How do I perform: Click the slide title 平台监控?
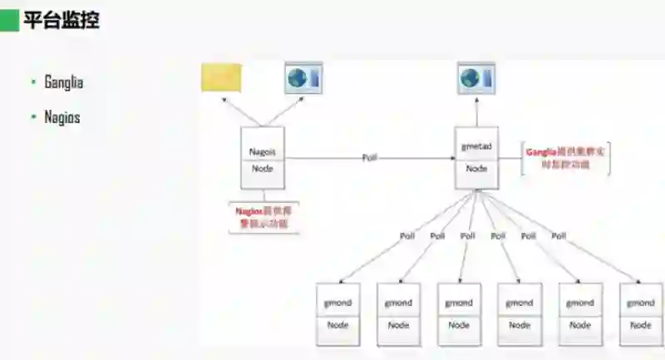tap(62, 20)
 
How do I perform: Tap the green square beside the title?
tap(9, 20)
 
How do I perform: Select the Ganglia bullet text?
tap(64, 82)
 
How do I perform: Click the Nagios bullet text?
tap(62, 118)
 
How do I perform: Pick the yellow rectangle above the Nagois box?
tap(221, 77)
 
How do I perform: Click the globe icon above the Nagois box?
tap(303, 77)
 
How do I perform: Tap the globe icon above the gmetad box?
tap(476, 77)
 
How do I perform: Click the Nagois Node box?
tap(262, 158)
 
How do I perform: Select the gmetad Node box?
tap(476, 157)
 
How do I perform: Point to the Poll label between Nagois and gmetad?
tap(370, 157)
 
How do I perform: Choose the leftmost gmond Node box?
tap(337, 314)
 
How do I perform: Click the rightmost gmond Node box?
tap(641, 314)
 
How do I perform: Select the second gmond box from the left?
tap(398, 314)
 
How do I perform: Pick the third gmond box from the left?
tap(459, 314)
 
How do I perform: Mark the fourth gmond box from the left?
tap(520, 314)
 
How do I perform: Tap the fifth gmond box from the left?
tap(580, 314)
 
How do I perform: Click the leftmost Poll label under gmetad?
tap(406, 236)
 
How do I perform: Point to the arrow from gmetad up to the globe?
tap(476, 110)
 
